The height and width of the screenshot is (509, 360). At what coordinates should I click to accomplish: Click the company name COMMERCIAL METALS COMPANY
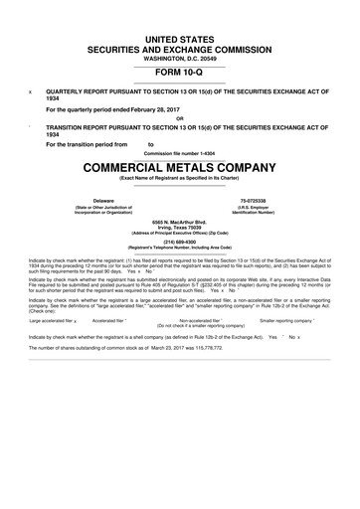click(180, 166)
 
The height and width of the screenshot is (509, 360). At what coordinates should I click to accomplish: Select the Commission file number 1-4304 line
click(180, 153)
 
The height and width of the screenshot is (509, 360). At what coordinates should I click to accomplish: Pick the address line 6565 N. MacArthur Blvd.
click(180, 220)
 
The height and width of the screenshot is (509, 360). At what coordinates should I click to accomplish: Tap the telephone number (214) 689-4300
click(180, 240)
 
